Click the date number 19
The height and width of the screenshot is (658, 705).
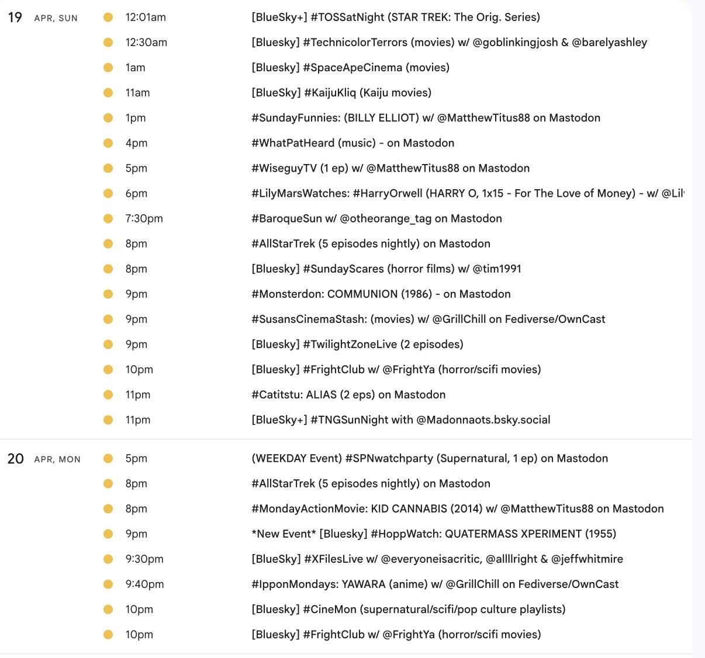[x=15, y=18]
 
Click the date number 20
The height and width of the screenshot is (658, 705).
[x=16, y=459]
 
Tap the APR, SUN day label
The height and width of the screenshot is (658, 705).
[x=56, y=18]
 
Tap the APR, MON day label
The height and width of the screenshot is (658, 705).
[x=57, y=459]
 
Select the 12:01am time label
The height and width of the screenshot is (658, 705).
[x=146, y=18]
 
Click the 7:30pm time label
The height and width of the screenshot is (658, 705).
[x=144, y=218]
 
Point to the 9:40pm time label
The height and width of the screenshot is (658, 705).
[x=144, y=584]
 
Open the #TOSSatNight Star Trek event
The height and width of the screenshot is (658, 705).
[x=395, y=18]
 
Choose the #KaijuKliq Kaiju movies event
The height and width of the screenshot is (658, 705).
[x=341, y=93]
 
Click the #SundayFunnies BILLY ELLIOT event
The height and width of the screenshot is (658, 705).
[x=426, y=118]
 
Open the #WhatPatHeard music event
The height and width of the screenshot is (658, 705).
[x=352, y=143]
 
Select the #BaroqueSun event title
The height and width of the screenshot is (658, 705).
[x=376, y=218]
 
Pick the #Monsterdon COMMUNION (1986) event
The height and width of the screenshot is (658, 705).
[x=381, y=294]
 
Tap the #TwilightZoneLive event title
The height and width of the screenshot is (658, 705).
[x=357, y=344]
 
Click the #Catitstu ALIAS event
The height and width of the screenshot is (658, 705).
[x=348, y=395]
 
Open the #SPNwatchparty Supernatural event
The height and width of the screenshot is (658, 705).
[x=429, y=458]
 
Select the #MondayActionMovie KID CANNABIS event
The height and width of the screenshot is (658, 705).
[x=457, y=509]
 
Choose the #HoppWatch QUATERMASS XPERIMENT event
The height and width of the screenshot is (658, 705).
[x=433, y=534]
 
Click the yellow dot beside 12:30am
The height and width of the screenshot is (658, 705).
[x=108, y=43]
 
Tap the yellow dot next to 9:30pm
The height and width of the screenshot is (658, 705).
[x=108, y=559]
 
